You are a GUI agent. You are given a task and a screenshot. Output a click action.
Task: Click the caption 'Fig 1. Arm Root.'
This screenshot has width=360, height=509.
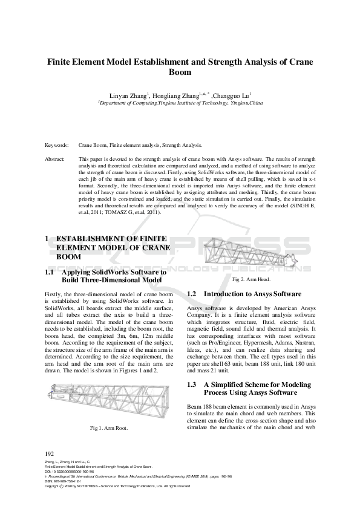pyautogui.click(x=111, y=429)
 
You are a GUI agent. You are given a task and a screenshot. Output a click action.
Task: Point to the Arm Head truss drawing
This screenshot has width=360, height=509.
pyautogui.click(x=250, y=256)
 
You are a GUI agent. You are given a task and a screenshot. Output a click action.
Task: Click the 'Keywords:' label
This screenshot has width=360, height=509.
pyautogui.click(x=57, y=146)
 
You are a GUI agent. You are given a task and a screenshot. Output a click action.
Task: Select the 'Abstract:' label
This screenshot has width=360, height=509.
pyautogui.click(x=56, y=158)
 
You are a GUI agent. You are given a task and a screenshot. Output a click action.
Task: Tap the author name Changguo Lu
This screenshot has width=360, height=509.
pyautogui.click(x=235, y=94)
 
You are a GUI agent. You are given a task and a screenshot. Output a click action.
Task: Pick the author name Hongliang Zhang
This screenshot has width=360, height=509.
pyautogui.click(x=182, y=94)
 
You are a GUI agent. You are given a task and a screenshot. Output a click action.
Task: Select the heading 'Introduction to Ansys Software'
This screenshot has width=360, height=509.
pyautogui.click(x=253, y=294)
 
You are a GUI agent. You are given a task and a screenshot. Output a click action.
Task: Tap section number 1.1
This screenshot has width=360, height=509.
pyautogui.click(x=50, y=273)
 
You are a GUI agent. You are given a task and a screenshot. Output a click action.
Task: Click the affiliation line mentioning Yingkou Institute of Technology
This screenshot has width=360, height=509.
pyautogui.click(x=180, y=103)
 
